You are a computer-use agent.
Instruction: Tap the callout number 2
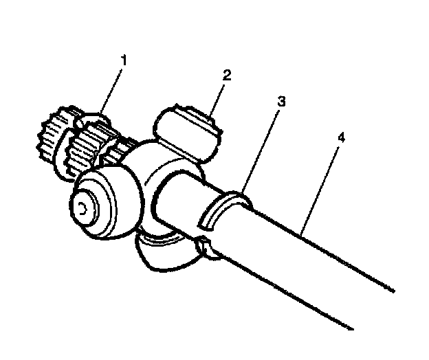point(226,75)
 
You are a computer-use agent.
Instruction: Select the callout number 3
point(280,100)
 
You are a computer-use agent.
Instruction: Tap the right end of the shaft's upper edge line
point(393,291)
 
